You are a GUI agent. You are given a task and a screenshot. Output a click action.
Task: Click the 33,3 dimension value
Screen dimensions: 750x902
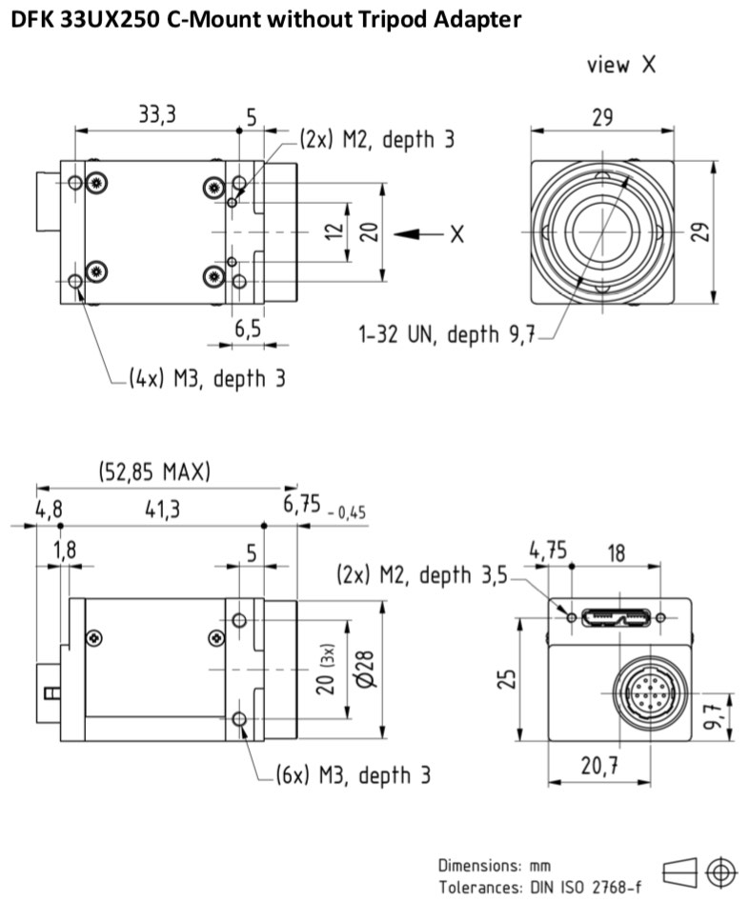(157, 114)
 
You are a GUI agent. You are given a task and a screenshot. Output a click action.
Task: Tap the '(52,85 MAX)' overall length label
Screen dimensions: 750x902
(154, 471)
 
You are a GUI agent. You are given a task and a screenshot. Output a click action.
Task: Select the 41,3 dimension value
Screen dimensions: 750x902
(162, 509)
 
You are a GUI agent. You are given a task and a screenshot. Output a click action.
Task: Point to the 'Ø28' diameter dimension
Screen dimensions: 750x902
(365, 669)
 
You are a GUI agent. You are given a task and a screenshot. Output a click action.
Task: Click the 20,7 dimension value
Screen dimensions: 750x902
(599, 766)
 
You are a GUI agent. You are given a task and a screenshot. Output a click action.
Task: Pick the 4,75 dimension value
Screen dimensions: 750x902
(548, 551)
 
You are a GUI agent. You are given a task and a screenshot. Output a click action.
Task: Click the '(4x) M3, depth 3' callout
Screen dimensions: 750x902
(207, 378)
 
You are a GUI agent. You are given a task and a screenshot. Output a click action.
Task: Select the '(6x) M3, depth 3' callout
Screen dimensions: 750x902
(353, 775)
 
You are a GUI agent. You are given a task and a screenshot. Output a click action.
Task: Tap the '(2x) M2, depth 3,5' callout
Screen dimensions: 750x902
(422, 574)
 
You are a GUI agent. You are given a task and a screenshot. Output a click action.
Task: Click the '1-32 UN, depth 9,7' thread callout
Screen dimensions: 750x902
(447, 333)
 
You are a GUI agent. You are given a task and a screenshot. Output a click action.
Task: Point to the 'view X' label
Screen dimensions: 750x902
(621, 65)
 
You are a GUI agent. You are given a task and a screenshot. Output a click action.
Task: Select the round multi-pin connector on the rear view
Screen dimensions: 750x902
(650, 692)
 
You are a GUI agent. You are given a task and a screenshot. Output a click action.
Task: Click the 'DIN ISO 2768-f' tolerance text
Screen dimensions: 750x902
(585, 887)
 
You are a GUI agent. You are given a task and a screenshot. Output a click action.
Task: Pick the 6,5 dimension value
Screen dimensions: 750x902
(248, 329)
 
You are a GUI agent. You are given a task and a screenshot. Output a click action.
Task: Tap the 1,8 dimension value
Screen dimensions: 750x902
(65, 550)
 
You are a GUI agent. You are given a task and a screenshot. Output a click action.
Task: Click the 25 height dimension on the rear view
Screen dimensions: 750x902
(506, 679)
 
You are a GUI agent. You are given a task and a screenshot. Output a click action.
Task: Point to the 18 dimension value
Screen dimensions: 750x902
(616, 552)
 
